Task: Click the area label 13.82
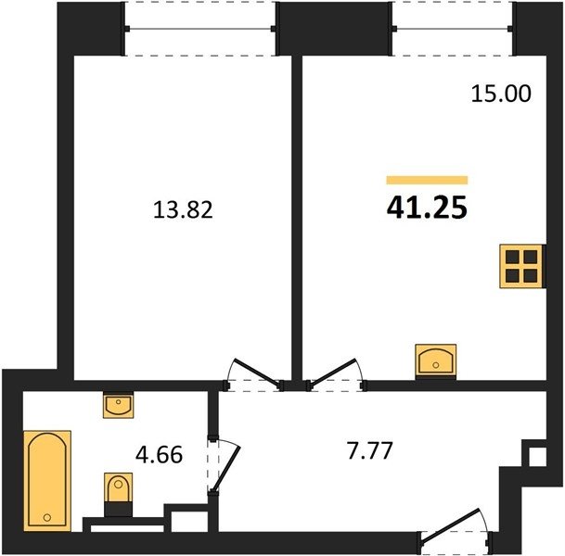183,209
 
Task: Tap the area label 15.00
501,94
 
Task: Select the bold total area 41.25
427,208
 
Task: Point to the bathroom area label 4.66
160,454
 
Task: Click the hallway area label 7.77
369,450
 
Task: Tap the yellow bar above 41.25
427,180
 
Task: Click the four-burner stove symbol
521,266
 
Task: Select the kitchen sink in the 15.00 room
436,360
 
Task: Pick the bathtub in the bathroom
47,480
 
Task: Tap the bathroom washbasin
118,405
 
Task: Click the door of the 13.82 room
257,374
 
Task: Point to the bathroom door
225,467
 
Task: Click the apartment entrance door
454,525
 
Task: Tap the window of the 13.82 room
200,29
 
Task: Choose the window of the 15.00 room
452,29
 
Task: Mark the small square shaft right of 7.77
537,457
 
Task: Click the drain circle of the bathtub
46,517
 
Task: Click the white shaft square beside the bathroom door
189,521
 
